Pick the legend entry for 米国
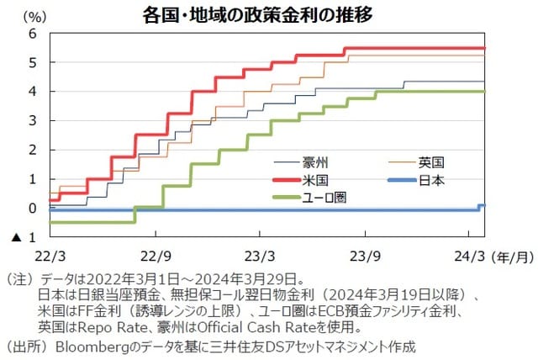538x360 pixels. (330, 180)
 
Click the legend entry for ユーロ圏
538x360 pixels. (336, 198)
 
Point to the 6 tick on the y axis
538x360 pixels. (33, 34)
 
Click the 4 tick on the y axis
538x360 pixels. (33, 92)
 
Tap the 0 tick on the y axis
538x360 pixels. (33, 208)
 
